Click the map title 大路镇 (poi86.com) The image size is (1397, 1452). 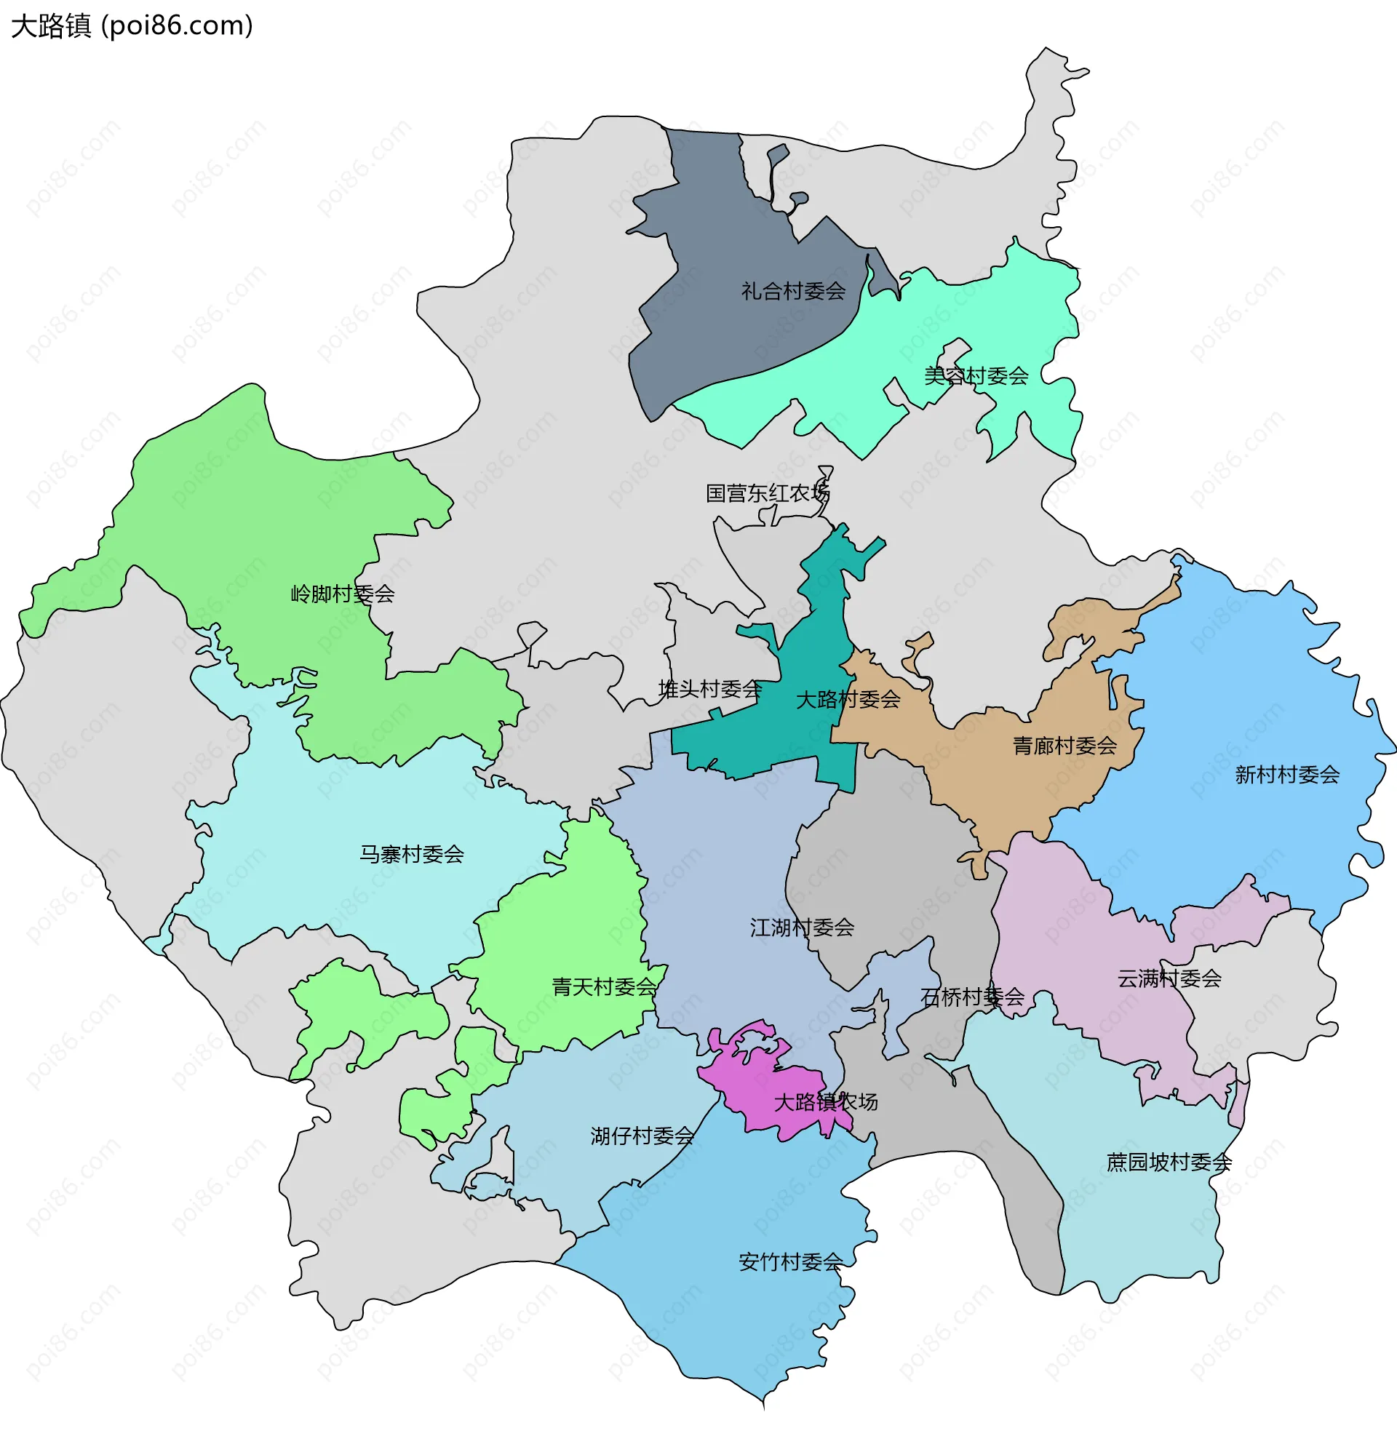[132, 26]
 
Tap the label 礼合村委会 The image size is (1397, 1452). [793, 291]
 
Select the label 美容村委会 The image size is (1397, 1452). [975, 376]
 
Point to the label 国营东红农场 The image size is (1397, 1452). [767, 493]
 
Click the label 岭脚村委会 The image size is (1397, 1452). [343, 594]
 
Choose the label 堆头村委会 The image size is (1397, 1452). [710, 690]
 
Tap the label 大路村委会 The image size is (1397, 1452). [848, 699]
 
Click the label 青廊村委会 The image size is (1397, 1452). [1064, 746]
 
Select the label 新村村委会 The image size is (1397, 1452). [1286, 775]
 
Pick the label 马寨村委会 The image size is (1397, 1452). [411, 855]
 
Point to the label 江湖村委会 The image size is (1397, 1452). [802, 928]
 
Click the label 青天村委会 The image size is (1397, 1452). [604, 986]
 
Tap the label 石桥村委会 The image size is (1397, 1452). [972, 997]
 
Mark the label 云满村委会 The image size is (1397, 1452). [1169, 978]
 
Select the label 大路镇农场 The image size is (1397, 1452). [826, 1102]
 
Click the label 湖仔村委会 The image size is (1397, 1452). [642, 1136]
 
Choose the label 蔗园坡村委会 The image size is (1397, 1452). [1169, 1162]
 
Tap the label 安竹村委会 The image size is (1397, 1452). [790, 1261]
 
